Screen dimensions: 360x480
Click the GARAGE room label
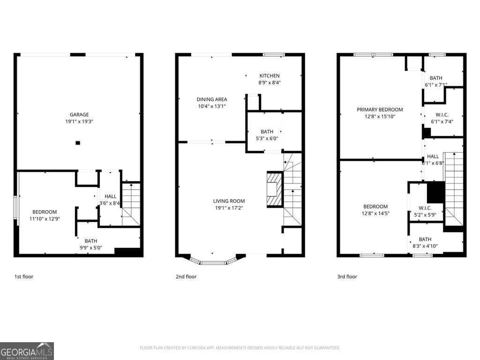[x=79, y=114]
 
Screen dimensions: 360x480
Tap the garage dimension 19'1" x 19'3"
[x=79, y=121]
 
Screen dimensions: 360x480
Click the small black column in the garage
[x=78, y=142]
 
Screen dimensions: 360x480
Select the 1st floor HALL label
[x=110, y=196]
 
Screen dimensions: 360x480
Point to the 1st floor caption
[x=23, y=277]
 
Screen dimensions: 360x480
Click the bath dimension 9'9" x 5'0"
[x=91, y=248]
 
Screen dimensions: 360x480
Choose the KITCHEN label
[x=270, y=75]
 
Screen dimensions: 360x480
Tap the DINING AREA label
[x=212, y=99]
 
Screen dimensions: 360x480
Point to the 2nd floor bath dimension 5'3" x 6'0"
[x=267, y=138]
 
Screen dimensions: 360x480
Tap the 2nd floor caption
[x=186, y=277]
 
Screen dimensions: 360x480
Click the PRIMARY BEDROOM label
[x=380, y=110]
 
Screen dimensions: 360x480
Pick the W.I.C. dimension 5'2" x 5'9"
[x=425, y=215]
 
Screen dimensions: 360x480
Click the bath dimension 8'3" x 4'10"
[x=425, y=246]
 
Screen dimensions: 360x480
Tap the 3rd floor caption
[x=347, y=277]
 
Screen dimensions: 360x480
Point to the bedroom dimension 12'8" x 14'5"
[x=375, y=213]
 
